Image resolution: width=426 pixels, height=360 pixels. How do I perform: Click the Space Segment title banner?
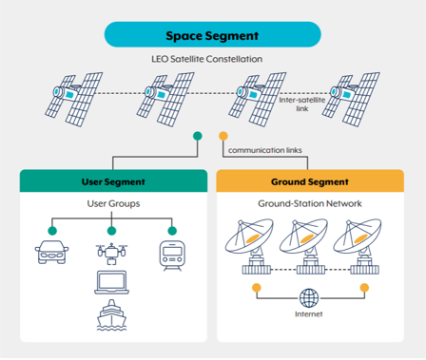212,36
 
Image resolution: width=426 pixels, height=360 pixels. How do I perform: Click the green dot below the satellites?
197,135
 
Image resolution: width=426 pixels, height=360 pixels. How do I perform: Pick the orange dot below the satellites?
223,135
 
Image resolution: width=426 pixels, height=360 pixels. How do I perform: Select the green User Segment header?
113,181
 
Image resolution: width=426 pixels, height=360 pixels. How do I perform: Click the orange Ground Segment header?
312,181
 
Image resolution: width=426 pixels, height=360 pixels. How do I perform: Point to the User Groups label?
112,204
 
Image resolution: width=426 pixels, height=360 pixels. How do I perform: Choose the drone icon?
112,251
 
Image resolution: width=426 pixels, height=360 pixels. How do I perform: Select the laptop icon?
112,283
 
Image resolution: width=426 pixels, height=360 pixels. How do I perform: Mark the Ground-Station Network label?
311,204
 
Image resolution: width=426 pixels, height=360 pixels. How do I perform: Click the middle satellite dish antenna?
307,246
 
